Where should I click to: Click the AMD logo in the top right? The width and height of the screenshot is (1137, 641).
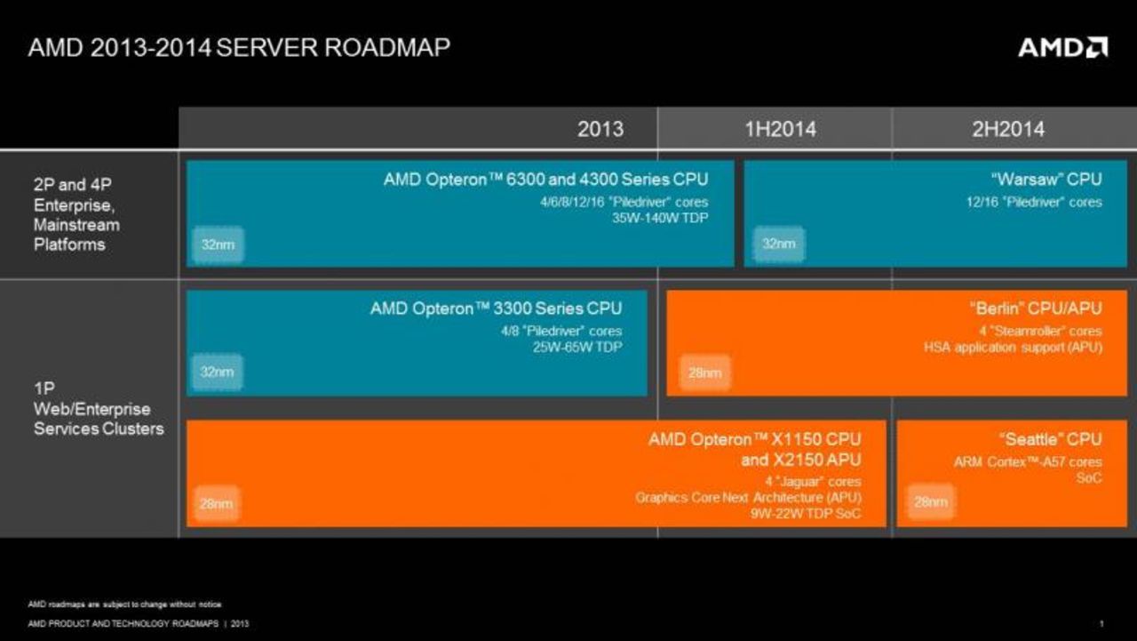1062,47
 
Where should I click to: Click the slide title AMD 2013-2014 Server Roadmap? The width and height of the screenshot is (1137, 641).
239,47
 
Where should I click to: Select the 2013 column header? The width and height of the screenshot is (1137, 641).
600,129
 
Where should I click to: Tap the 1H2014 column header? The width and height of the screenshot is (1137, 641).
779,129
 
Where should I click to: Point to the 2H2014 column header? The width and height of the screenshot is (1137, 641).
1008,129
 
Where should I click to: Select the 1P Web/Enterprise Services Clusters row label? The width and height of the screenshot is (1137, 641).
99,409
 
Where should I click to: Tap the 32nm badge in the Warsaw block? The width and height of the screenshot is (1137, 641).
778,244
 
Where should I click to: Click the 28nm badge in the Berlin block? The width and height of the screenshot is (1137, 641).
704,373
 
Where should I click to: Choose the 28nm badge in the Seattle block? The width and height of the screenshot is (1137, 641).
930,502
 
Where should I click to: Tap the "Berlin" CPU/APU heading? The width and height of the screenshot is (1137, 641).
1035,308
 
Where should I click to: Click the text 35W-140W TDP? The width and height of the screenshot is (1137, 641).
662,217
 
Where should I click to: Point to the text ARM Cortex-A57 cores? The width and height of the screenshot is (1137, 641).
1028,461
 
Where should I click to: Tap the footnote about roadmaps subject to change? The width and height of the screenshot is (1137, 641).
124,605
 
